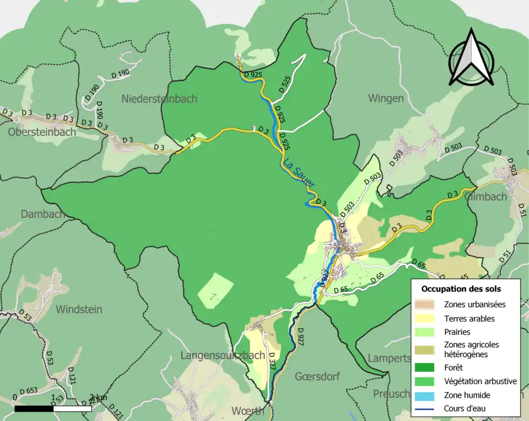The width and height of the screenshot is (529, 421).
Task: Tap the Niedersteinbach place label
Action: tap(159, 99)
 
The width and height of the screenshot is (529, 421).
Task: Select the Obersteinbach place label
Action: tap(42, 132)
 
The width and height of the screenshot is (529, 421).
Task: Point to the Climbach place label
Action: tap(485, 196)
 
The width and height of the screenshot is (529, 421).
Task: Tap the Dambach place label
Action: tap(42, 214)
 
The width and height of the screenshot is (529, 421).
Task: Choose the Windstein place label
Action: tap(79, 309)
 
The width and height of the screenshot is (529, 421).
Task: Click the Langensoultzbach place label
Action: tap(223, 355)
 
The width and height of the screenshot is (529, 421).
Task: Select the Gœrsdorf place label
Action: tap(317, 376)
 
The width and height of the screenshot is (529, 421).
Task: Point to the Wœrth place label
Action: tap(247, 411)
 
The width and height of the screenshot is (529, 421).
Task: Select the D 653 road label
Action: tap(29, 391)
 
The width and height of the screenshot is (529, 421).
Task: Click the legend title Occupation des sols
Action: tap(461, 289)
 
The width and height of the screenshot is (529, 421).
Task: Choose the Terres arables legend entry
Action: tap(469, 318)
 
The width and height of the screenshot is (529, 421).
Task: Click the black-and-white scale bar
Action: tap(53, 409)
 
